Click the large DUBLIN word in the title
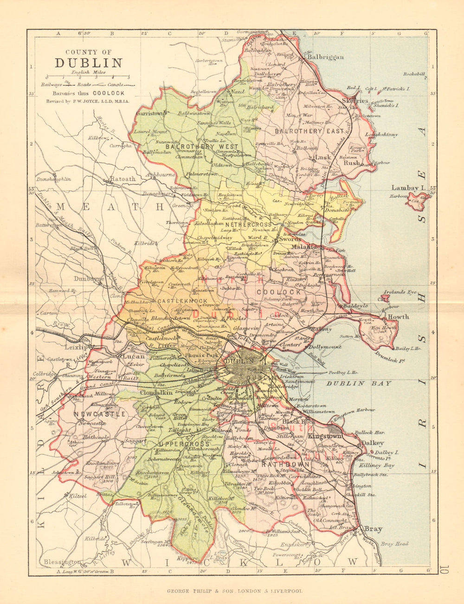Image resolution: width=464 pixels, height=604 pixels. tap(89, 63)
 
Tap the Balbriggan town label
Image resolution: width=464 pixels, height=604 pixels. tap(325, 57)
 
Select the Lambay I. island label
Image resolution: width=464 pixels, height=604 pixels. tap(408, 188)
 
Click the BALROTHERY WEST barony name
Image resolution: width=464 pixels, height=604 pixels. tap(193, 146)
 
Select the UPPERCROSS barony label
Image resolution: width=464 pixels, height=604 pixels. tap(174, 444)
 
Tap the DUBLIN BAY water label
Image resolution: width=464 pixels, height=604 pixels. tap(358, 383)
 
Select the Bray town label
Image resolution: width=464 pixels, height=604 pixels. tap(373, 528)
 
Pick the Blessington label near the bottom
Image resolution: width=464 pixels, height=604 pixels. tap(62, 562)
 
